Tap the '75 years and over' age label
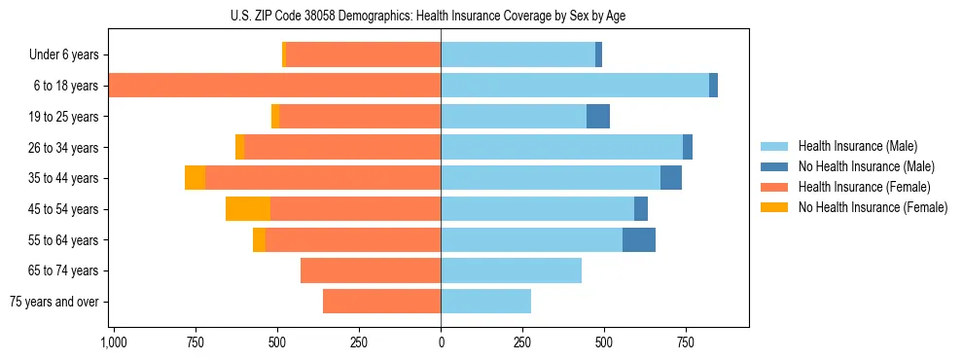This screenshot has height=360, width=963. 54,302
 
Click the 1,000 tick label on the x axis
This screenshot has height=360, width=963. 114,342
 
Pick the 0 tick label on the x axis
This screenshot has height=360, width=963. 441,342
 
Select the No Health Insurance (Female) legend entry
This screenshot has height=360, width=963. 873,207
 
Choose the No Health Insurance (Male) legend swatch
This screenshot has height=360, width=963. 775,166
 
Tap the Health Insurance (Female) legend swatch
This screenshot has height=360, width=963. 775,187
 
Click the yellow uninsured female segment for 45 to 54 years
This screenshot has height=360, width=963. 248,209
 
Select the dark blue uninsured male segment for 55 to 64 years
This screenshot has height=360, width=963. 639,240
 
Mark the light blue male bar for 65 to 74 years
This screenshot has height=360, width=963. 511,270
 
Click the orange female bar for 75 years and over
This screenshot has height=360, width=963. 381,302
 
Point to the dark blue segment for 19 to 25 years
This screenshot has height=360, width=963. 598,117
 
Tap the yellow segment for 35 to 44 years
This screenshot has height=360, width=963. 195,178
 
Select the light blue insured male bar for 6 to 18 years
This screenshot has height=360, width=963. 574,86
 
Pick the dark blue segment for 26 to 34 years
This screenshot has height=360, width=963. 688,147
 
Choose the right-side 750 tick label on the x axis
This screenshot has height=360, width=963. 686,342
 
